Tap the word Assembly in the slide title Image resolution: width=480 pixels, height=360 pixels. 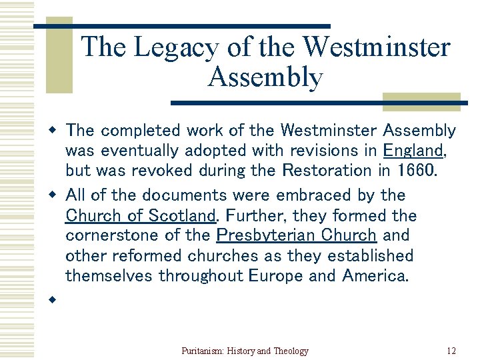[265, 77]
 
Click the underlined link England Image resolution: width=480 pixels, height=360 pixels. [414, 150]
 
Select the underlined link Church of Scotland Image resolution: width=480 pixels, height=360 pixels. [141, 215]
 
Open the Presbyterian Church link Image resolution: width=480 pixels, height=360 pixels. [297, 235]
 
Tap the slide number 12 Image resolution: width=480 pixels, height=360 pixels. [451, 351]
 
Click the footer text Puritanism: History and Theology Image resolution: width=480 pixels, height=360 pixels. [245, 351]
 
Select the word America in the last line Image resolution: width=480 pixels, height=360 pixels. [373, 275]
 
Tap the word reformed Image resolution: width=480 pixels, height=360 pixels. [141, 255]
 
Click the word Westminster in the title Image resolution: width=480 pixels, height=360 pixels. [376, 47]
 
